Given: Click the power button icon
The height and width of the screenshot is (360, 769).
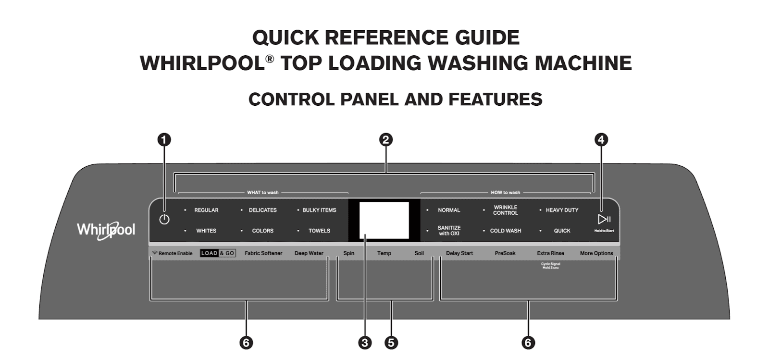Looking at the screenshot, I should (164, 220).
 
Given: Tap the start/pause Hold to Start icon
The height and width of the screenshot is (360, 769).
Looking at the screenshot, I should (604, 220).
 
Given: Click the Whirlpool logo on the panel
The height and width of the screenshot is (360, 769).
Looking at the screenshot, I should (106, 230).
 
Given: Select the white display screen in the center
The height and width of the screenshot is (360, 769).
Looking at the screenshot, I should (384, 220).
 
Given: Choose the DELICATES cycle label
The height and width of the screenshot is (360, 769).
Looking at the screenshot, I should (262, 210).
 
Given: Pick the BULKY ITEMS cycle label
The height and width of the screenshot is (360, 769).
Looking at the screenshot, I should (319, 210).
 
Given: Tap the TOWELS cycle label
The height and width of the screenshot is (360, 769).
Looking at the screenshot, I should (319, 231).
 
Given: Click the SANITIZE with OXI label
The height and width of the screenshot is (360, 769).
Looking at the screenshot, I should (449, 231).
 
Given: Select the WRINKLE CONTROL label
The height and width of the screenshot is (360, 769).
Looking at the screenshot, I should (505, 210).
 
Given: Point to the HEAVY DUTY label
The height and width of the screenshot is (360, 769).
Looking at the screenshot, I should (562, 210).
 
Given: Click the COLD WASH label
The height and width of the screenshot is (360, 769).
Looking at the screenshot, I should (505, 231).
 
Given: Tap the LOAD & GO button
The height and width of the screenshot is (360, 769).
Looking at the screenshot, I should (218, 253).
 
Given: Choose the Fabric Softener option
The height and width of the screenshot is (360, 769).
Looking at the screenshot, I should (263, 253).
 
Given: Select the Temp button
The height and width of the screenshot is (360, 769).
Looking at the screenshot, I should (384, 253).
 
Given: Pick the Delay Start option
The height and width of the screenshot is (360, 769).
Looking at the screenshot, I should (459, 253).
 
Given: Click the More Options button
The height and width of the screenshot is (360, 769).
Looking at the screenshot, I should (596, 253).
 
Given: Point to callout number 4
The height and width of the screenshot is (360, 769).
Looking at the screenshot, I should (601, 140).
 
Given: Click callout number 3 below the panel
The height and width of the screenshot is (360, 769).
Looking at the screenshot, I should (365, 343).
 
